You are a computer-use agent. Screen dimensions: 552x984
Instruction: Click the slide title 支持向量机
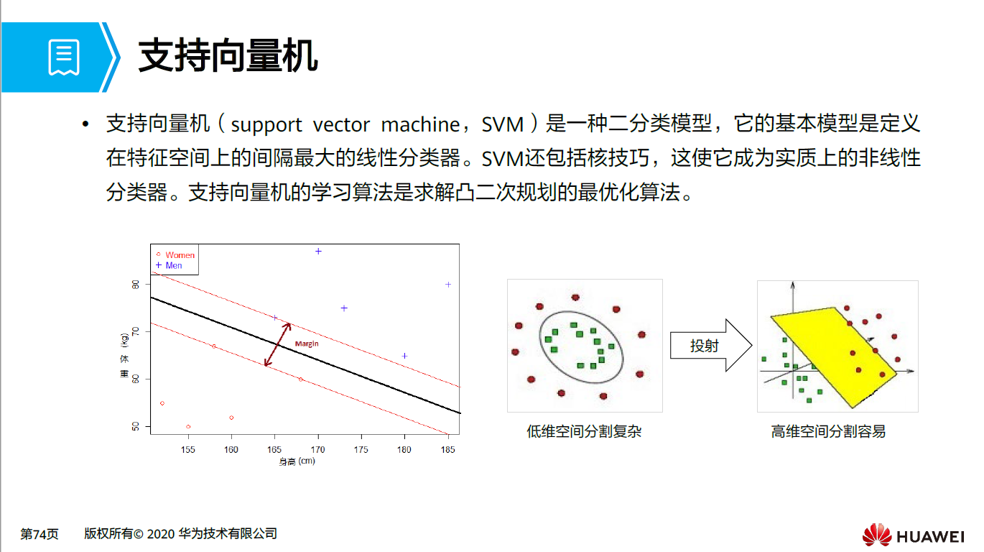tap(228, 55)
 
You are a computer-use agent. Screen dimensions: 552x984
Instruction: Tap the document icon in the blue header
tap(63, 58)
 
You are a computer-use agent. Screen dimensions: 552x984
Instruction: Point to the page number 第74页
tap(39, 534)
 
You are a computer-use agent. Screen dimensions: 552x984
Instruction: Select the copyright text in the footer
tap(180, 534)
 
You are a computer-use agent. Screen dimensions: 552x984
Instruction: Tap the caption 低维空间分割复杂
tap(583, 432)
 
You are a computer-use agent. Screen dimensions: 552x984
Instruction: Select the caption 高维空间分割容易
tap(828, 432)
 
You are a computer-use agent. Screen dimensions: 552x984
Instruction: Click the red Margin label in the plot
tap(307, 344)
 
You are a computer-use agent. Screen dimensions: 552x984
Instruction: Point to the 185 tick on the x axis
tap(448, 450)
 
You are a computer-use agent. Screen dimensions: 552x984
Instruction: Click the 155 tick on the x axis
tap(188, 450)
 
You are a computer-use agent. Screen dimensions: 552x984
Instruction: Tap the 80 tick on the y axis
tap(136, 285)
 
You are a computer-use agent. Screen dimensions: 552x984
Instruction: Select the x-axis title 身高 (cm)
tap(297, 461)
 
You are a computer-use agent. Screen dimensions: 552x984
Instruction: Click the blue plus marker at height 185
tap(448, 285)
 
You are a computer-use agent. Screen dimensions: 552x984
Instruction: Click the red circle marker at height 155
tap(188, 427)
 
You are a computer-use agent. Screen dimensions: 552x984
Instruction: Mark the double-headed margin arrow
tap(278, 344)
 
